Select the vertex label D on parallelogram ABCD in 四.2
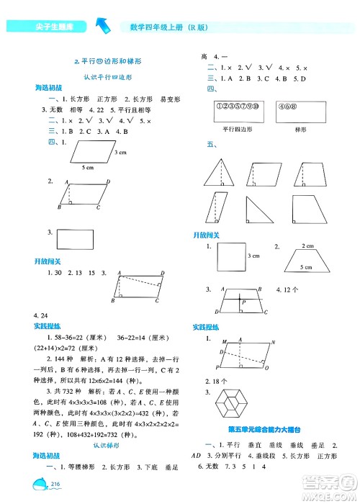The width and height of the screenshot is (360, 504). (108, 182)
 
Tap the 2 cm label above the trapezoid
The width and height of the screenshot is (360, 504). (308, 246)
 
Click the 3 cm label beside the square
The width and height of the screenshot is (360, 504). (253, 256)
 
